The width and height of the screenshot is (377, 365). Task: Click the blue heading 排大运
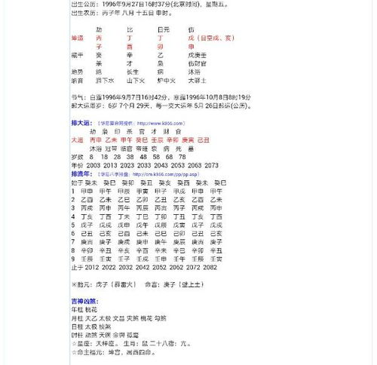81,122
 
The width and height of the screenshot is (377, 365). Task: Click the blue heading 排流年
81,173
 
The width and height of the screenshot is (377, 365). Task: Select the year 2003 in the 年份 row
94,164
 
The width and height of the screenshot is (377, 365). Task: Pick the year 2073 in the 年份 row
211,164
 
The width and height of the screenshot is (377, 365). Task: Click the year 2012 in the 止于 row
92,266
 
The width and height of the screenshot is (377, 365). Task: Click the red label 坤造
77,37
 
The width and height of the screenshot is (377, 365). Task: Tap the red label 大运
77,140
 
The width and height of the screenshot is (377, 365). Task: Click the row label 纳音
77,79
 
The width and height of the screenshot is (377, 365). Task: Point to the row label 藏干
77,54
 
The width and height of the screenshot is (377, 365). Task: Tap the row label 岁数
77,157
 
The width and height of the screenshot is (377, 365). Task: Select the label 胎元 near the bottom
85,284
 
